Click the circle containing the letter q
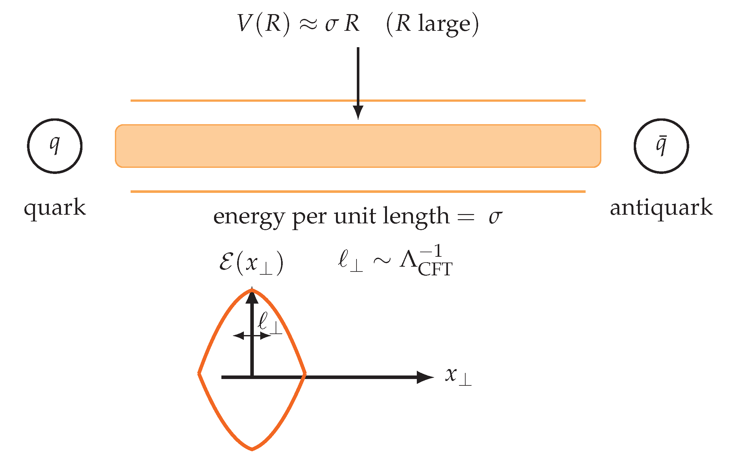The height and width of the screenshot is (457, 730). pyautogui.click(x=55, y=146)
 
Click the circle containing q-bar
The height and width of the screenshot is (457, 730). pyautogui.click(x=661, y=146)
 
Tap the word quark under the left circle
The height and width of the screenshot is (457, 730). pyautogui.click(x=55, y=208)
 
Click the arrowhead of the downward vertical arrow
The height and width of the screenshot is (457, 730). pyautogui.click(x=358, y=113)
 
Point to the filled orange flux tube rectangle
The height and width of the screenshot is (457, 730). pyautogui.click(x=358, y=146)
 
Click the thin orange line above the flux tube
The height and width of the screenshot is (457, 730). pyautogui.click(x=358, y=100)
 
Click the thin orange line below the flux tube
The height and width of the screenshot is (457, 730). pyautogui.click(x=358, y=192)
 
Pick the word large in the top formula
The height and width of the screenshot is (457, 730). pyautogui.click(x=444, y=24)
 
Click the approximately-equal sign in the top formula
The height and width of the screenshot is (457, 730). pyautogui.click(x=308, y=24)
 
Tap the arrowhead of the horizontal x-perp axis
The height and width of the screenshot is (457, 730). pyautogui.click(x=425, y=377)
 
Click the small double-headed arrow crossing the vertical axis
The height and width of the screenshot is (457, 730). pyautogui.click(x=252, y=336)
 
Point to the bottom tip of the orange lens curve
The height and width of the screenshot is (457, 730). pyautogui.click(x=252, y=448)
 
